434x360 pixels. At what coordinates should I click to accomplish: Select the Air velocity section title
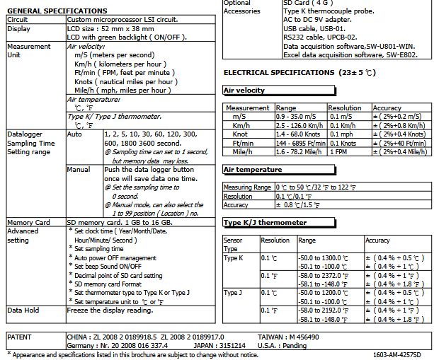[x=244, y=91]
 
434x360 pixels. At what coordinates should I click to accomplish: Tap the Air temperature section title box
[x=253, y=170]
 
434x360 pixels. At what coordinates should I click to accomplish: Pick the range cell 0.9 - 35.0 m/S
[x=299, y=115]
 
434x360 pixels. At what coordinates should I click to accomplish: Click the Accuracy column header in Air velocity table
[x=387, y=108]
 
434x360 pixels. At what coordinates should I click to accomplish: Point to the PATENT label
[x=23, y=337]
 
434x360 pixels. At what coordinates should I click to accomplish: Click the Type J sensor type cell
[x=233, y=292]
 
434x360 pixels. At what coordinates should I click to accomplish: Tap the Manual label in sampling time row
[x=79, y=170]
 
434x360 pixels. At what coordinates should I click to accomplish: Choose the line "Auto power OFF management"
[x=115, y=258]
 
